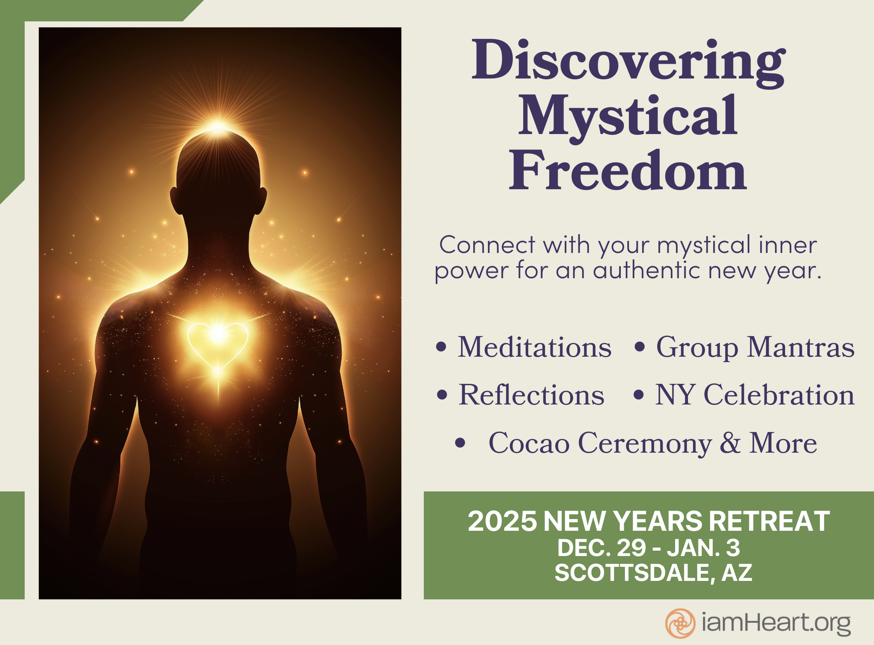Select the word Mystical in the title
(x=628, y=118)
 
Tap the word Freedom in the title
(x=628, y=170)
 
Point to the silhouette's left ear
(x=175, y=200)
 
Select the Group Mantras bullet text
(x=755, y=347)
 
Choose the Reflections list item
(x=531, y=395)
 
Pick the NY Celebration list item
(x=754, y=395)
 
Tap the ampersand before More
(x=730, y=443)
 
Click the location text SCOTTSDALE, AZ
(x=653, y=573)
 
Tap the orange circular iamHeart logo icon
(x=680, y=624)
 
